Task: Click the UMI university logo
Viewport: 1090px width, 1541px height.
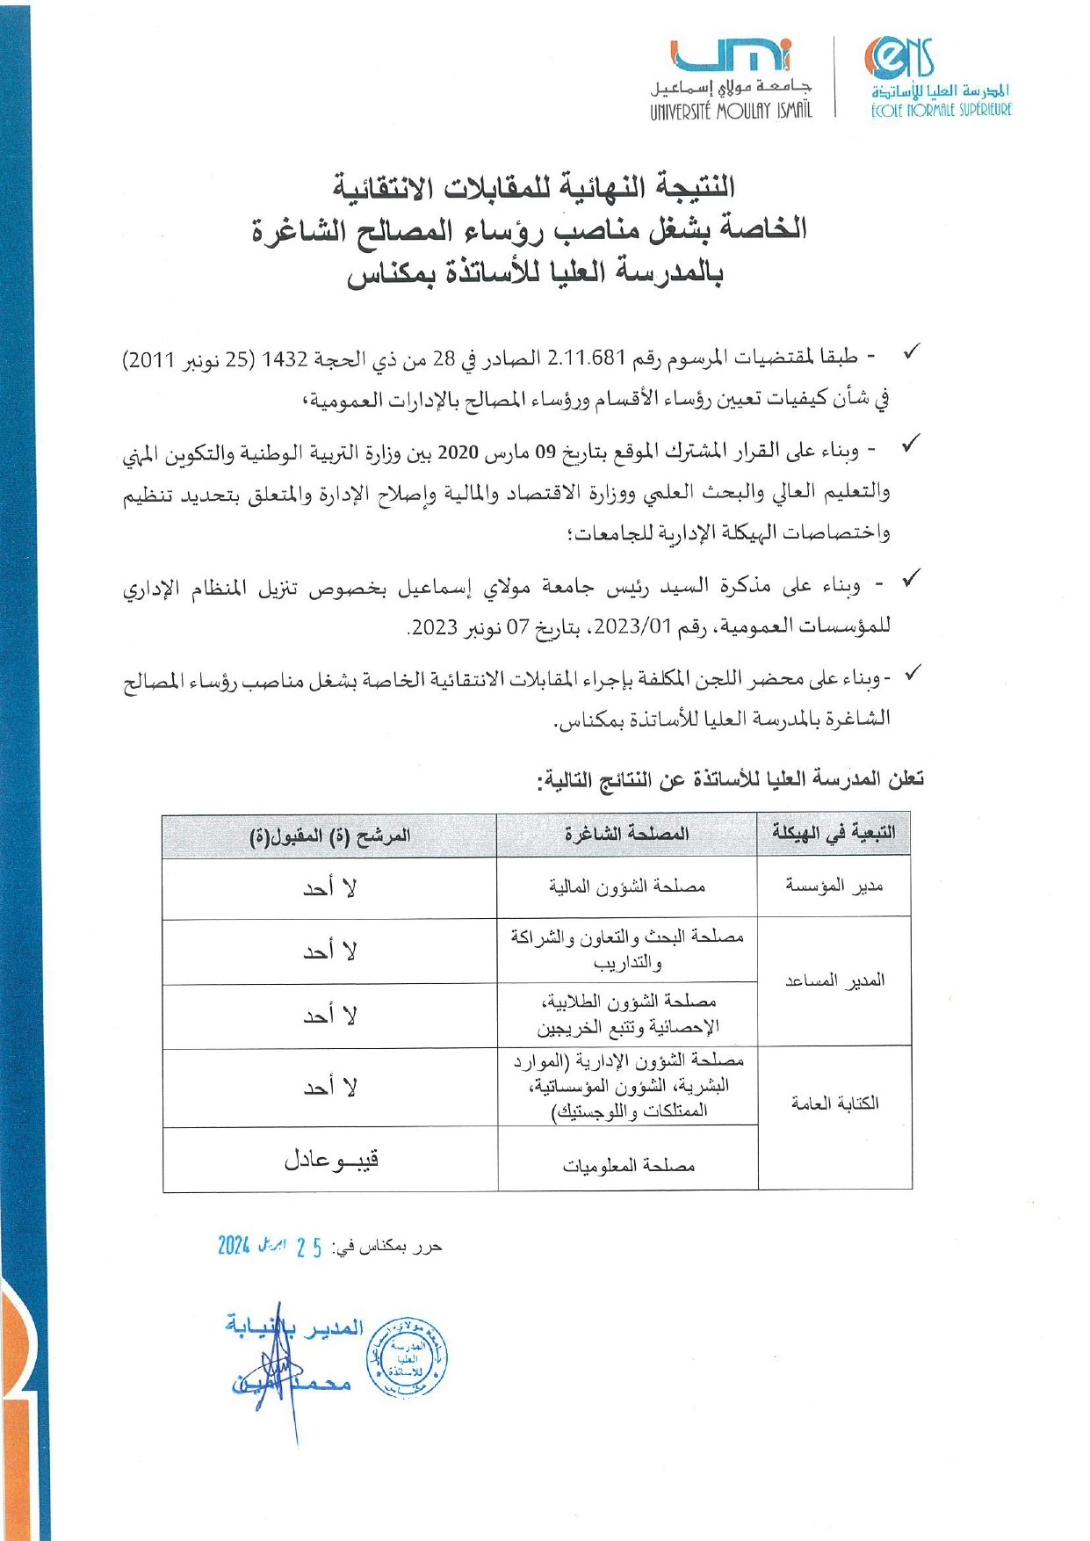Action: tap(731, 58)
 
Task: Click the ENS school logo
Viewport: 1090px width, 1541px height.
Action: tap(899, 59)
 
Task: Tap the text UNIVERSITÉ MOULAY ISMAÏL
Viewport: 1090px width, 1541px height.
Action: tap(731, 111)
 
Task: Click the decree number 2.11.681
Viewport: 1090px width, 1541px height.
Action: tap(585, 358)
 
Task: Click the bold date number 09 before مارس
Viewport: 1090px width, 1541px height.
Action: tap(545, 452)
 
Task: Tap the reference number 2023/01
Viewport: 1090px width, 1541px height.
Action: tap(646, 626)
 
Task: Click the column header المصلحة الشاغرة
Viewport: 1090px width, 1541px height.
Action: tap(626, 834)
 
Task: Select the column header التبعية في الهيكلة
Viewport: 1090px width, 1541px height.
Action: tap(834, 832)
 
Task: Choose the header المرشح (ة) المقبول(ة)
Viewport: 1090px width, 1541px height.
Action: tap(329, 835)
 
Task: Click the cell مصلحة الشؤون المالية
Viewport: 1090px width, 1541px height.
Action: tap(626, 886)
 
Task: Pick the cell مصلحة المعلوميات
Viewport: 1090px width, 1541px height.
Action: tap(628, 1165)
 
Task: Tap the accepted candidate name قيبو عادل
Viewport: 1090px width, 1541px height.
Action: tap(330, 1160)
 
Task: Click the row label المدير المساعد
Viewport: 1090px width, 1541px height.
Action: tap(834, 980)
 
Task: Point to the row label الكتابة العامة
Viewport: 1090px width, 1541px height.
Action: tap(834, 1103)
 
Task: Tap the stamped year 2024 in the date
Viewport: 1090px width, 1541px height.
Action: tap(235, 1245)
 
